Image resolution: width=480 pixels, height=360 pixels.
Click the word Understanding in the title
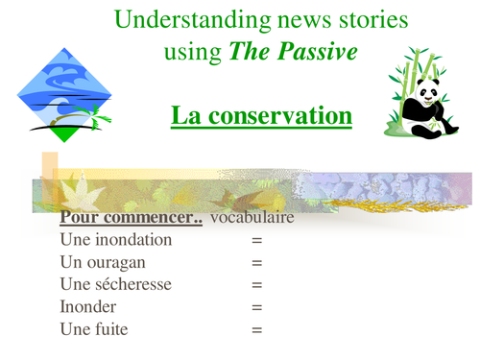[x=176, y=18]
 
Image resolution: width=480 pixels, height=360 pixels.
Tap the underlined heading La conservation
[x=261, y=117]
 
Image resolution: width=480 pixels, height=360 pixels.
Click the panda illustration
[x=420, y=97]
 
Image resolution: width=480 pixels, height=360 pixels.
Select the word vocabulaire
[x=252, y=219]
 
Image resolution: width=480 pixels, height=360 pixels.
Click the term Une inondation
[x=115, y=240]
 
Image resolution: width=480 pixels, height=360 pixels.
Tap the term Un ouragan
[x=101, y=262]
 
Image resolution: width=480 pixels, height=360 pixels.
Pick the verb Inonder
[x=88, y=306]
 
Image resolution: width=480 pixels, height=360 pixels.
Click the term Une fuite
[x=93, y=329]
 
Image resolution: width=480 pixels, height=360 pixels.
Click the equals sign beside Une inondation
[x=257, y=241]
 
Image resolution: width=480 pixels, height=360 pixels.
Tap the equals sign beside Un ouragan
[x=257, y=263]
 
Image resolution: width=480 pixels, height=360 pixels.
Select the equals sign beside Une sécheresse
[x=257, y=285]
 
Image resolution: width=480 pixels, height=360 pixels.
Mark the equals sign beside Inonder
[x=257, y=307]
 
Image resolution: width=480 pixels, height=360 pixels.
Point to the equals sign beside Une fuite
[x=257, y=330]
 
